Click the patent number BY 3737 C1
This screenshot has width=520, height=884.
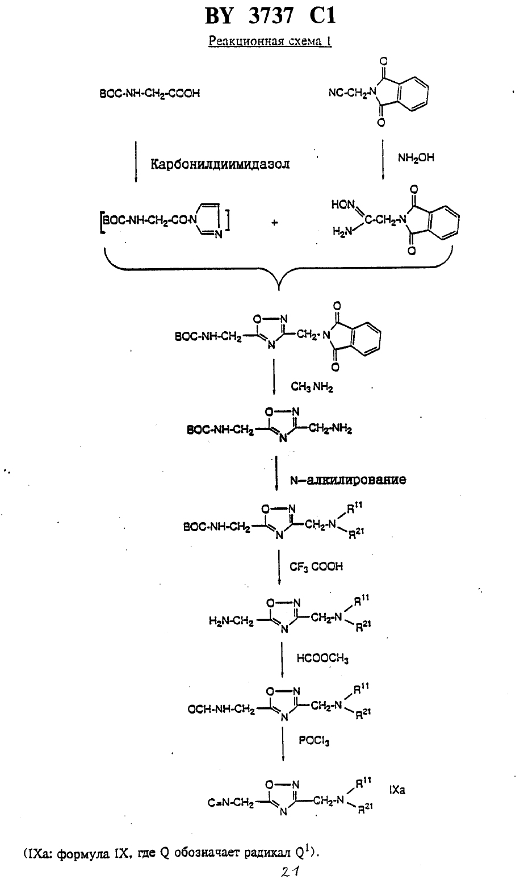click(270, 16)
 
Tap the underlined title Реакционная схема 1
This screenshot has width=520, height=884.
click(270, 41)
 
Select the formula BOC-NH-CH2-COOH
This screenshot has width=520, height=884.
click(149, 94)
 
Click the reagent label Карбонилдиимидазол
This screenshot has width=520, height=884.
click(220, 164)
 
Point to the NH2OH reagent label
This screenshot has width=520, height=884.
click(416, 159)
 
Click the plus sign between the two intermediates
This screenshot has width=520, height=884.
click(274, 223)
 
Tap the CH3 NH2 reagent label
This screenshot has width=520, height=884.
click(312, 387)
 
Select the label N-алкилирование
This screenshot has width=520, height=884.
click(348, 479)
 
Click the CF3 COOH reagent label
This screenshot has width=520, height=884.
click(316, 567)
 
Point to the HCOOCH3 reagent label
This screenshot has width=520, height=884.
click(322, 658)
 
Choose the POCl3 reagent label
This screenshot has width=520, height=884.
click(314, 741)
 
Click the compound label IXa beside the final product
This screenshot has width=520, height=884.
click(397, 790)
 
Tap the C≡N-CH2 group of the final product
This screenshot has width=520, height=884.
click(231, 803)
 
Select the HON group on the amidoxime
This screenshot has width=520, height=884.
click(342, 205)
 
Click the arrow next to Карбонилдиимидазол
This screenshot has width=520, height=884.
click(136, 161)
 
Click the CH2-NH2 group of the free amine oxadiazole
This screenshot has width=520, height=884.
click(330, 428)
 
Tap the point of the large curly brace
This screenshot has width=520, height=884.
click(279, 290)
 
